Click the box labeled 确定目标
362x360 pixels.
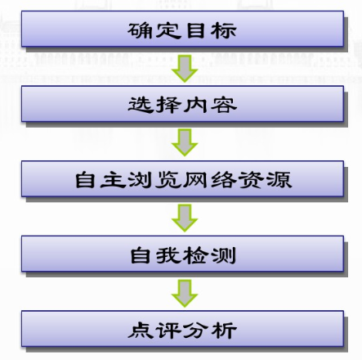tap(182, 29)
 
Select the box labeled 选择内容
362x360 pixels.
tap(182, 104)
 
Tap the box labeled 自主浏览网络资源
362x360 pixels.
tap(182, 179)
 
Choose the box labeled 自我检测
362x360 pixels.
tap(182, 254)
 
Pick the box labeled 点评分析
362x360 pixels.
tap(182, 329)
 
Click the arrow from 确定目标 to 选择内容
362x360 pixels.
tap(185, 69)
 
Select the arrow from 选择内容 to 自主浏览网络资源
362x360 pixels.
tap(185, 142)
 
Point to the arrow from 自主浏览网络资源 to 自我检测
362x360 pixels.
tap(185, 218)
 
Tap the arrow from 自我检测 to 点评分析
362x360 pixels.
tap(185, 294)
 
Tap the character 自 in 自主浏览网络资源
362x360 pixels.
tap(85, 180)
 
